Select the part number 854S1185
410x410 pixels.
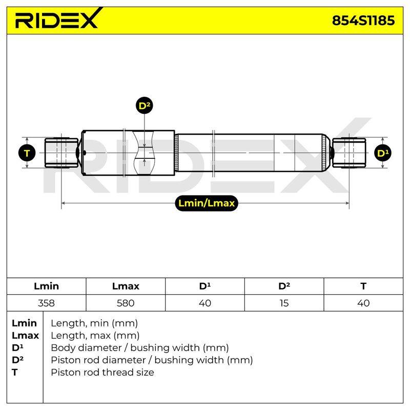(363, 20)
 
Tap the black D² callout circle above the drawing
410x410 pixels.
(145, 106)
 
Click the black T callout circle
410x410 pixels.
(27, 153)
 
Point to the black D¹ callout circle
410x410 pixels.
(383, 153)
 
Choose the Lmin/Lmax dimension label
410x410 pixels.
(207, 203)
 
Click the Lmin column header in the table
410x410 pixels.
(46, 286)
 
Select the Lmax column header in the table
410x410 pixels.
(126, 286)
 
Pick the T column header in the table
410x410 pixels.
(363, 286)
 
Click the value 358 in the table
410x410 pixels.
(46, 303)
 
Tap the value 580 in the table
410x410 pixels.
(126, 303)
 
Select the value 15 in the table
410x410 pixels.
(284, 303)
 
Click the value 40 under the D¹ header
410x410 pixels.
(204, 303)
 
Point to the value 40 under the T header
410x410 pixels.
(363, 303)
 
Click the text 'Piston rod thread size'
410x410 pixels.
(102, 372)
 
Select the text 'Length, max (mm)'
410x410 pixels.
(95, 336)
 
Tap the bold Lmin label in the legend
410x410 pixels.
(24, 323)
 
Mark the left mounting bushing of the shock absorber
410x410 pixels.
(61, 153)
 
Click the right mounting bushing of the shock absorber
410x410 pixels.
(349, 153)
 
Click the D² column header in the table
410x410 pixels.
(284, 286)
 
